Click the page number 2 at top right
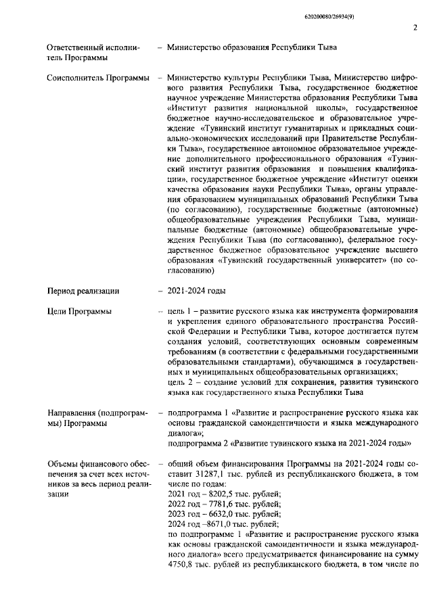414,28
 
